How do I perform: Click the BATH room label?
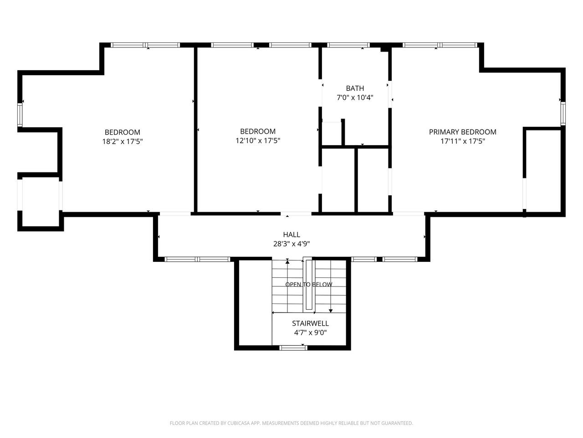point(355,88)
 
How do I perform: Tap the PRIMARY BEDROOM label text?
point(462,132)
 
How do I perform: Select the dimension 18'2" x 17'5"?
point(123,141)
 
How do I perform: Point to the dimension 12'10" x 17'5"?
point(258,141)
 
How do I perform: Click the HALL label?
point(291,235)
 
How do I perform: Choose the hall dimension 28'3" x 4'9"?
point(291,244)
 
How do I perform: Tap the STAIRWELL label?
point(310,323)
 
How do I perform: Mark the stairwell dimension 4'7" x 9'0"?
point(310,333)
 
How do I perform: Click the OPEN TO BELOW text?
point(309,284)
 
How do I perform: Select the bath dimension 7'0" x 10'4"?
point(355,98)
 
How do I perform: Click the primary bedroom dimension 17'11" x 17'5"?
point(462,141)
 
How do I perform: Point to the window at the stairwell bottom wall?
point(293,348)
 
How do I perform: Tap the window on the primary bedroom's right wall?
point(563,113)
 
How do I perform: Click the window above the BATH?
point(348,45)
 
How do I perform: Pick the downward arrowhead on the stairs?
point(331,311)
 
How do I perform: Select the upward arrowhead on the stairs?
point(287,262)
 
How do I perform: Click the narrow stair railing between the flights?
point(309,285)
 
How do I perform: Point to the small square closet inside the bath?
point(332,134)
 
